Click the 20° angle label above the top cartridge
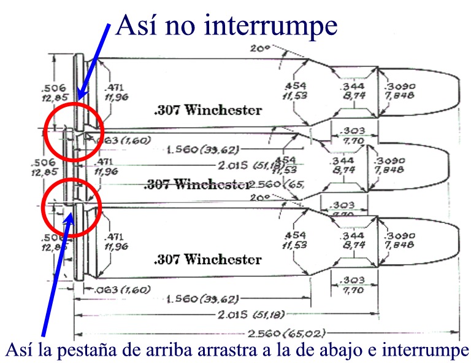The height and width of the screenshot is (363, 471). pos(256,48)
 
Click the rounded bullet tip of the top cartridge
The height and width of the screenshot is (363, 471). pos(460,89)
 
